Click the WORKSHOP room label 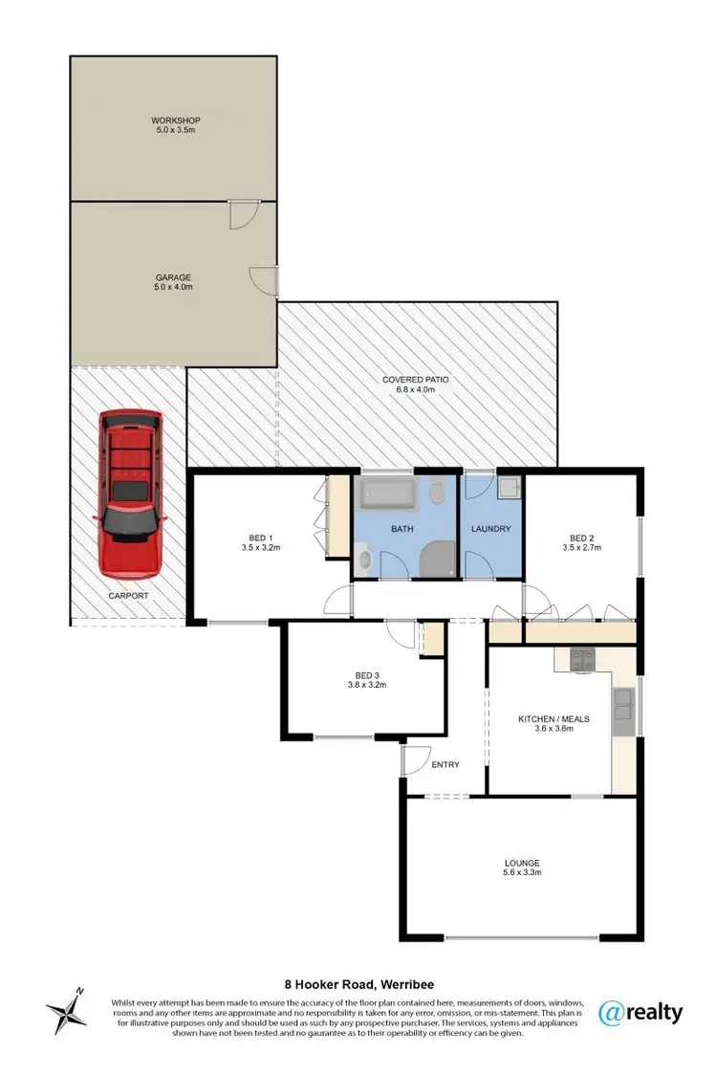coord(175,121)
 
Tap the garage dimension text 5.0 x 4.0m coord(175,287)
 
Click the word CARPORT coord(129,595)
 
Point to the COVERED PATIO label coord(416,380)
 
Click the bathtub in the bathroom coord(387,494)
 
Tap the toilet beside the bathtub coord(437,494)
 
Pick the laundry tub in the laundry coord(509,489)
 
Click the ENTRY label coord(445,764)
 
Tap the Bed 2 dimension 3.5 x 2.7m coord(581,549)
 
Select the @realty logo coord(640,1012)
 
